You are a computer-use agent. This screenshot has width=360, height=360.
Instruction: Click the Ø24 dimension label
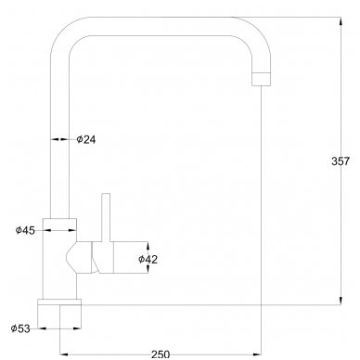click(86, 139)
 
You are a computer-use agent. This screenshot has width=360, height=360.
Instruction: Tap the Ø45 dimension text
click(25, 230)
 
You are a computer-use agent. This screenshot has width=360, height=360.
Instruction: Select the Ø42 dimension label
click(148, 259)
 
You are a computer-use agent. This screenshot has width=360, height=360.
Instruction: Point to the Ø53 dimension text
click(20, 328)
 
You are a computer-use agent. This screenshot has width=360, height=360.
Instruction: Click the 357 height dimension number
click(341, 161)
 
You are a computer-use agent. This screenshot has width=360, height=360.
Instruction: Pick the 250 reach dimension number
click(161, 354)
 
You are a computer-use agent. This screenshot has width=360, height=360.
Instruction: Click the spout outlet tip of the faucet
click(262, 79)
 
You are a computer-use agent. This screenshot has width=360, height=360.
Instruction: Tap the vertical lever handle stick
click(106, 217)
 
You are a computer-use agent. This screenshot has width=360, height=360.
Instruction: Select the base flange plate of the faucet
click(59, 302)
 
